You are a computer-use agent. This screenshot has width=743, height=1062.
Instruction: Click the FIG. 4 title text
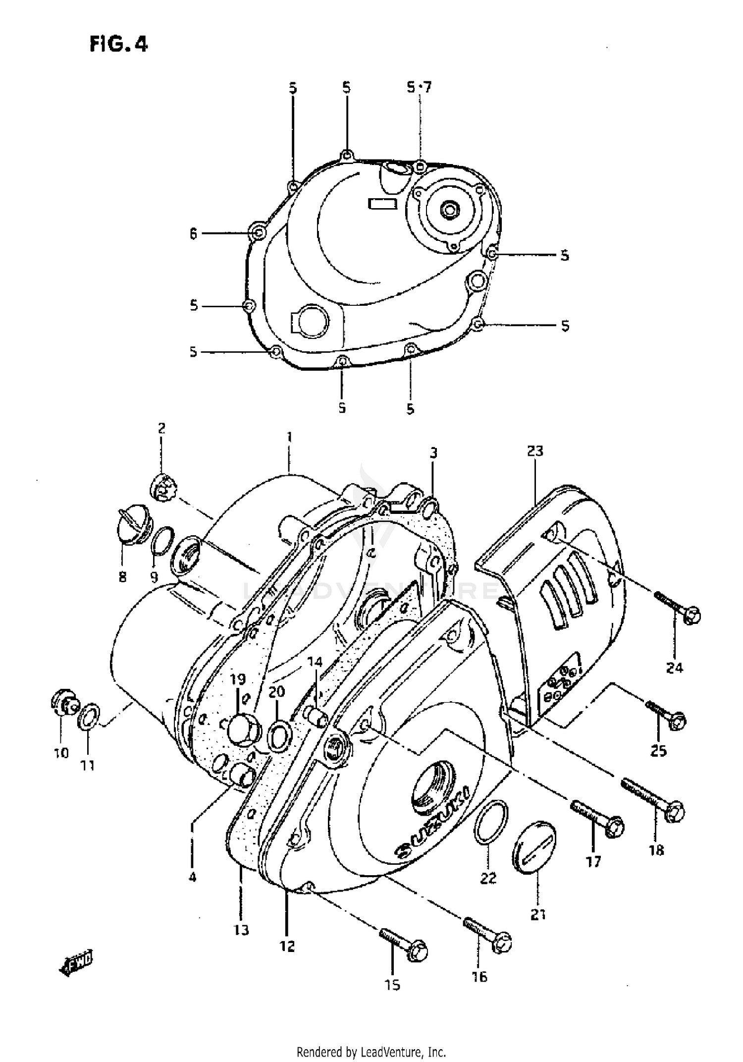tap(119, 45)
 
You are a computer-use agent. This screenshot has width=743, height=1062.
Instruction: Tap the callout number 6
tap(193, 233)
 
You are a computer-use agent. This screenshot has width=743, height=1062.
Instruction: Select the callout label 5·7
tap(419, 88)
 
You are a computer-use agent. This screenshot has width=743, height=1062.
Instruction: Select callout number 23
tap(535, 451)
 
